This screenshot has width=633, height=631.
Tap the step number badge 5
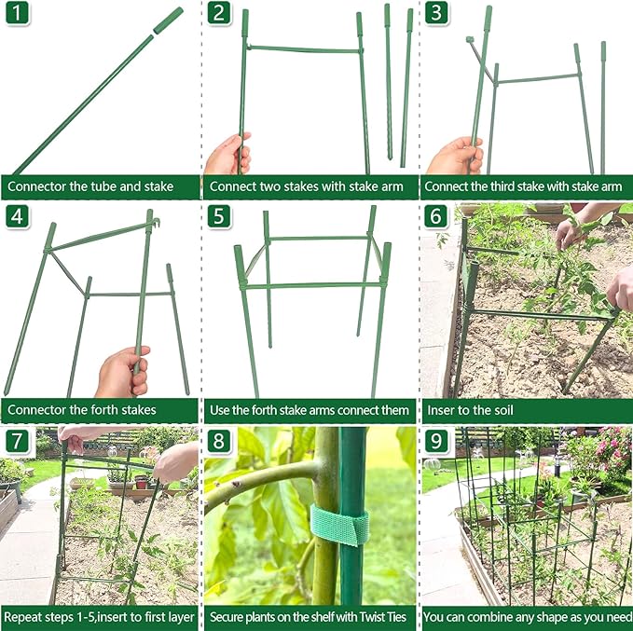219,217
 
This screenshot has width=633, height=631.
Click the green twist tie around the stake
339,526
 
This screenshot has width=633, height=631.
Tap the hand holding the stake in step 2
227,154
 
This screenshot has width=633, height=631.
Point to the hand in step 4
123,372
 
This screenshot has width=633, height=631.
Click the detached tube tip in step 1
168,21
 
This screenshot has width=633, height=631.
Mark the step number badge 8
219,440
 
